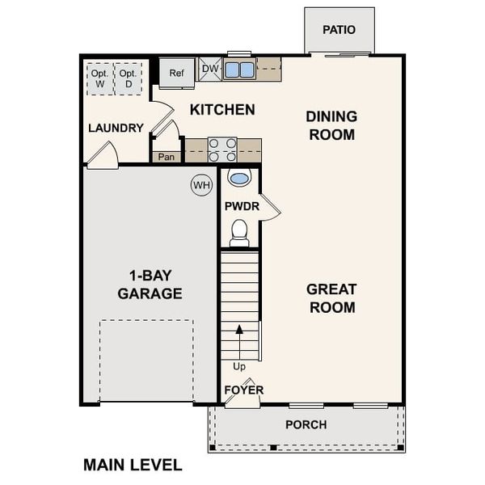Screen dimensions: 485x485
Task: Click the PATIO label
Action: click(x=339, y=30)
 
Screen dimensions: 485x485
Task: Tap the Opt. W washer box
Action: click(x=99, y=78)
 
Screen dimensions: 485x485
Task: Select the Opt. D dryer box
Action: click(x=128, y=78)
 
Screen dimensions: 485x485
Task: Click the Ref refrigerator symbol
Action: click(x=177, y=73)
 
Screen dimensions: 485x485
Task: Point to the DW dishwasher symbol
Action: click(x=209, y=70)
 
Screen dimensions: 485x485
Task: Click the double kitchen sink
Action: click(x=239, y=70)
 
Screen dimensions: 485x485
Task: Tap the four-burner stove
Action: click(x=222, y=150)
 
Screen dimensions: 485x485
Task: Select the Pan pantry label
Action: click(x=167, y=157)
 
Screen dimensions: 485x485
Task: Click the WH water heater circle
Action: click(x=200, y=185)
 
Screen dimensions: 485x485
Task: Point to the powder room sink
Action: click(x=239, y=178)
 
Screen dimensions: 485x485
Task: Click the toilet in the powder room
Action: click(x=239, y=233)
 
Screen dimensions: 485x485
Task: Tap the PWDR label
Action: click(x=241, y=206)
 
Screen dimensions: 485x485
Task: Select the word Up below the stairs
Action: click(x=239, y=366)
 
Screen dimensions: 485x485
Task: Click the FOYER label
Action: click(x=244, y=390)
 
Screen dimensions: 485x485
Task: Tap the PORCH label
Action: click(x=306, y=424)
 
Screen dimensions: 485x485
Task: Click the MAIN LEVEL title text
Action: click(x=133, y=465)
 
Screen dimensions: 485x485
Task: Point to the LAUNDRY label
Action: click(x=116, y=128)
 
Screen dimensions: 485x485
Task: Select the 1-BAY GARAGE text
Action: click(x=150, y=284)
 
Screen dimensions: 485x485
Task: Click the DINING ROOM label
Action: click(x=331, y=125)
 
